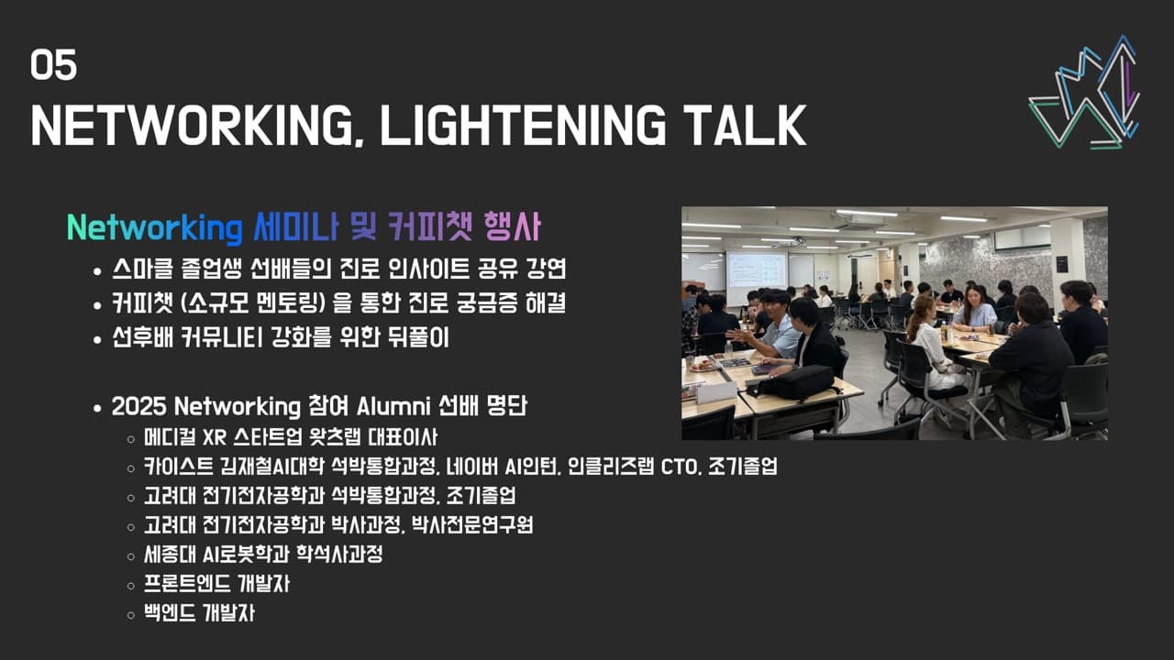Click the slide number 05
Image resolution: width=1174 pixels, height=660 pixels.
(x=53, y=66)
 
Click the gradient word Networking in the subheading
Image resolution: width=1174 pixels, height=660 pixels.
(x=153, y=228)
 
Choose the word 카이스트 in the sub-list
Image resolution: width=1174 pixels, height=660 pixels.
(x=172, y=466)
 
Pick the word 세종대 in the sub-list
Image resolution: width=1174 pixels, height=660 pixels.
(x=165, y=555)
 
